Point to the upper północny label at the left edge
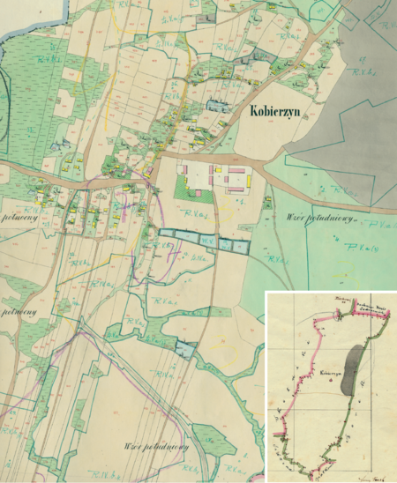(18, 214)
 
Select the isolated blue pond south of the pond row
(184, 349)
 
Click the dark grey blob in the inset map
(353, 371)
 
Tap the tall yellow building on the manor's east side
(250, 182)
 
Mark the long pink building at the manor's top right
(234, 167)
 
